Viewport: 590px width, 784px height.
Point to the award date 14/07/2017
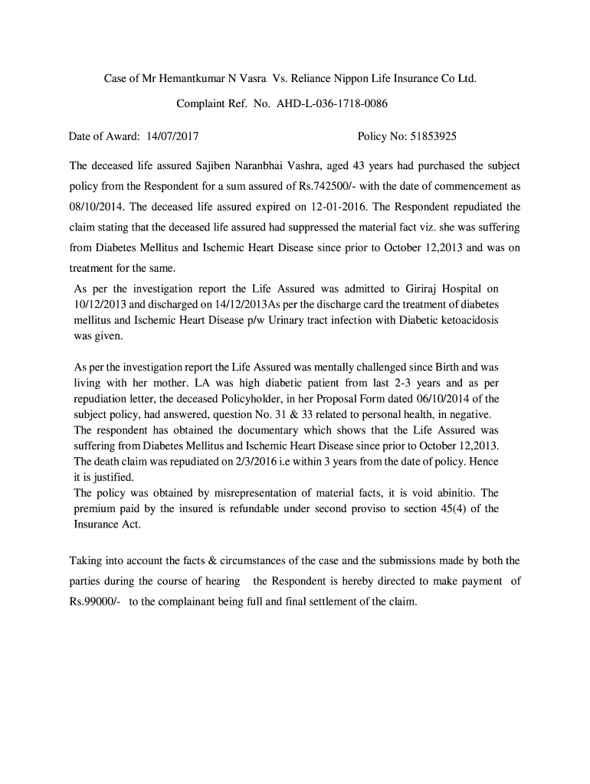[x=171, y=137]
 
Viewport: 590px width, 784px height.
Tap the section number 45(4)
[x=457, y=508]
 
